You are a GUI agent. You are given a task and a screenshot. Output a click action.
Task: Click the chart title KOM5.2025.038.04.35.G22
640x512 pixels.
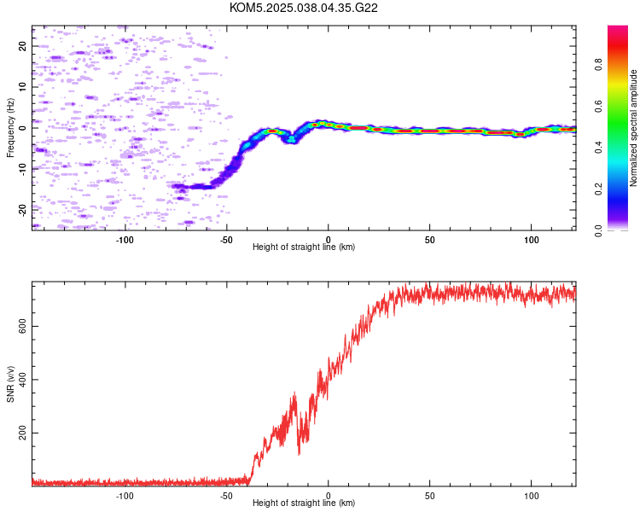(x=303, y=8)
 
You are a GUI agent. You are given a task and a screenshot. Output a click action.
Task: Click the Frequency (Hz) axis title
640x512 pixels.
(x=10, y=128)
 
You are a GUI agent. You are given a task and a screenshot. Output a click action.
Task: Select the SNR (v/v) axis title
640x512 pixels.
(x=10, y=384)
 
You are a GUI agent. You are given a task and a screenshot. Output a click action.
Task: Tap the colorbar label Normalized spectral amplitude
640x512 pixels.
(x=633, y=128)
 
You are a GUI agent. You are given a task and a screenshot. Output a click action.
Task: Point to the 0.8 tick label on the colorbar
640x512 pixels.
(x=598, y=65)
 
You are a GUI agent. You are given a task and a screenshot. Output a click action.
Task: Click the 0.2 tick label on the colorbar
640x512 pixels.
(x=598, y=189)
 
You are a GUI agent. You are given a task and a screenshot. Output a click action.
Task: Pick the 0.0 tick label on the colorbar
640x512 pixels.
(x=598, y=231)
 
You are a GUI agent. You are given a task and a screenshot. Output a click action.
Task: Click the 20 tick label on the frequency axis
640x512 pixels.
(x=23, y=46)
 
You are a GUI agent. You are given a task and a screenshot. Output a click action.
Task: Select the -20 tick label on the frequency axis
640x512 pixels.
(x=23, y=210)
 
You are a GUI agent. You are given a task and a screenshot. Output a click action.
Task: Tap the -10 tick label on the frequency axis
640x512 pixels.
(x=23, y=170)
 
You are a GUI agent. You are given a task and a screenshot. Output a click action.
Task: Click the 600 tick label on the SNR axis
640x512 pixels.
(x=23, y=327)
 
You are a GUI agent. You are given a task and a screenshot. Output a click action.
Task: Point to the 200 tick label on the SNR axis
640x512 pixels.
(x=23, y=433)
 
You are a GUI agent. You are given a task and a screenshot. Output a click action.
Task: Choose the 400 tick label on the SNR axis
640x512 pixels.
(x=23, y=380)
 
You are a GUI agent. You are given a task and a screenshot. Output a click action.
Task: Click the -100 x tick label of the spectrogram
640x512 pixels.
(x=125, y=240)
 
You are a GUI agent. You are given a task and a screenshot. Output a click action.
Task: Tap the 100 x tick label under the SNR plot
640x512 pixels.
(x=532, y=496)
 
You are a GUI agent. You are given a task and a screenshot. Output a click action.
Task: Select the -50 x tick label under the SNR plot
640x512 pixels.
(x=226, y=496)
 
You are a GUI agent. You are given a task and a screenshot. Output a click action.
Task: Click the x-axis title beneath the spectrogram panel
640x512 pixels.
(x=304, y=247)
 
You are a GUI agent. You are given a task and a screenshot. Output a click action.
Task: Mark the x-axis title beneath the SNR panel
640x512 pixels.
(x=304, y=503)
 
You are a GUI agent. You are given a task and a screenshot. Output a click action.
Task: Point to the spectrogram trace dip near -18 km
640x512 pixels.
(x=292, y=140)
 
